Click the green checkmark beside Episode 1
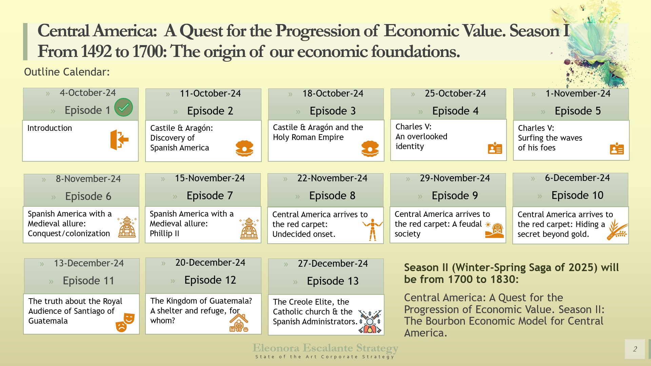coord(123,107)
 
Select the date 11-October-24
coord(210,94)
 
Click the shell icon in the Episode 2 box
coord(244,148)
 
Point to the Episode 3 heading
coord(332,111)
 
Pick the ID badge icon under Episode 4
coord(495,148)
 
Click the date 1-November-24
coord(578,94)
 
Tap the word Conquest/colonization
coord(69,233)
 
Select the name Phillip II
coord(164,233)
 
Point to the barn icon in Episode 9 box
coord(495,230)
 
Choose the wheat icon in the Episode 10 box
coord(617,229)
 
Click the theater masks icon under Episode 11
coord(125,322)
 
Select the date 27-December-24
coord(333,264)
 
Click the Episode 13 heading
coord(332,281)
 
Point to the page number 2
coord(635,349)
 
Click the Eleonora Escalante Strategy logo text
coord(325,348)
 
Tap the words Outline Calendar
coord(67,72)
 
